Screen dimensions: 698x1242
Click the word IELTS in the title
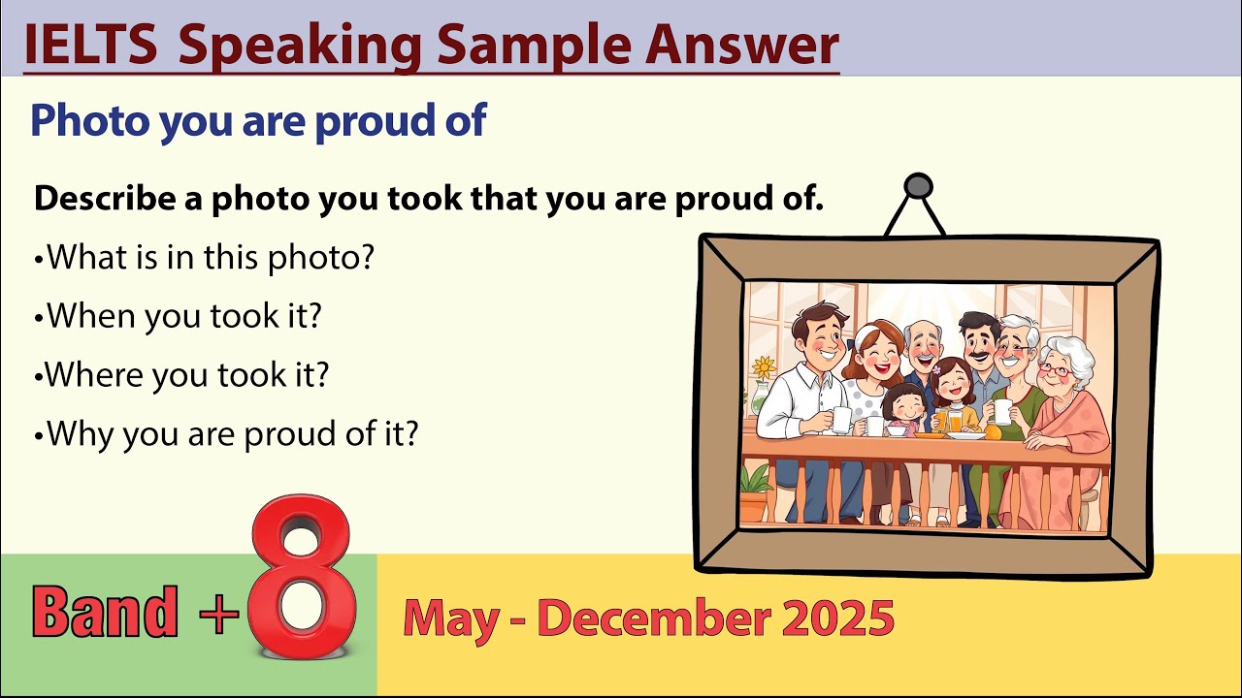point(90,45)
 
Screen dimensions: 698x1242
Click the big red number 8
point(302,582)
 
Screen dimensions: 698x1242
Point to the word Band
point(105,612)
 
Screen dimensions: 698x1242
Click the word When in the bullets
point(88,316)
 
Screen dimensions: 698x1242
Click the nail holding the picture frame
point(917,185)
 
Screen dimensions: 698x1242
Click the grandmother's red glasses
point(1056,369)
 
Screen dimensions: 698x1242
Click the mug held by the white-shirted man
point(841,419)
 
